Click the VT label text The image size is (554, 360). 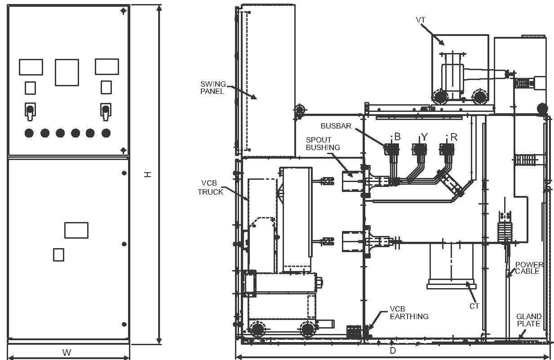point(421,20)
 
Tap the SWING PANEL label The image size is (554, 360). point(213,88)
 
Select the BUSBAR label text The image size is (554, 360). point(336,126)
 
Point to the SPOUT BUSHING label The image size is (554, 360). point(323,143)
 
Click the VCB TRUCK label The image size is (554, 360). point(210,187)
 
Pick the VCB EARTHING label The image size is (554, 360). point(409,312)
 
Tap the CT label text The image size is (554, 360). point(474,306)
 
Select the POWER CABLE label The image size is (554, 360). point(529,268)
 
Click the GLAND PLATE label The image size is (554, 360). point(529,320)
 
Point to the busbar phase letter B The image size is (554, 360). point(397,137)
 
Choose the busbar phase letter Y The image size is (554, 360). point(424,137)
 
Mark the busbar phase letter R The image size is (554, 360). point(454,137)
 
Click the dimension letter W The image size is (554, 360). point(67,352)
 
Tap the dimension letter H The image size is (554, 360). point(148,175)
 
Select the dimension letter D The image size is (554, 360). point(393,351)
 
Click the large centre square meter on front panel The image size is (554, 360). point(67,72)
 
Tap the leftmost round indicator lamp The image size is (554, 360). point(29,133)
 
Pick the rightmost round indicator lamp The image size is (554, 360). point(106,133)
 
